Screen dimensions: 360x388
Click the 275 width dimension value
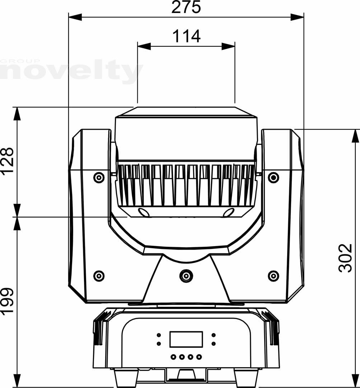pos(186,7)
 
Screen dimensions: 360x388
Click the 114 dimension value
pos(186,36)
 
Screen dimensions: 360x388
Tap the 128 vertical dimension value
pos(7,161)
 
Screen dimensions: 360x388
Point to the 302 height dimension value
pos(345,258)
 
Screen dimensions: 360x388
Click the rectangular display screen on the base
pos(186,339)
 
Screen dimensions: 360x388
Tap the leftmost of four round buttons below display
pos(173,357)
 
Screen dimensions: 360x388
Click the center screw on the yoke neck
pos(186,276)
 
